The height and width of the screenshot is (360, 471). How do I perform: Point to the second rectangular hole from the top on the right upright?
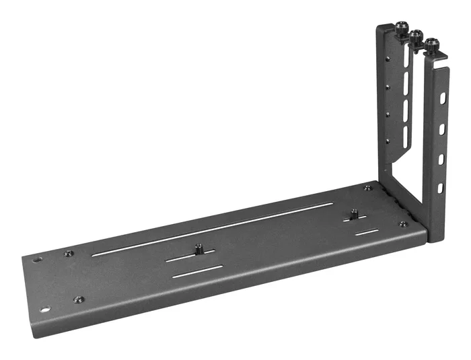[442, 127]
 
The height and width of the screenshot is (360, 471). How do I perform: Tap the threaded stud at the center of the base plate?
[199, 248]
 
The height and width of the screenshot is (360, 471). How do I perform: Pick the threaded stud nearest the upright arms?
[353, 215]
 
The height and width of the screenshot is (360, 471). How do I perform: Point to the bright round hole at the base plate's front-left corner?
[45, 310]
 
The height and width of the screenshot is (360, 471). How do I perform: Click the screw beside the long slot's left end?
[68, 254]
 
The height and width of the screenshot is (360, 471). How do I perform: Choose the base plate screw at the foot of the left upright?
[367, 188]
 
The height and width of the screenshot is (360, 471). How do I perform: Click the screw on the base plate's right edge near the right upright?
[403, 224]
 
